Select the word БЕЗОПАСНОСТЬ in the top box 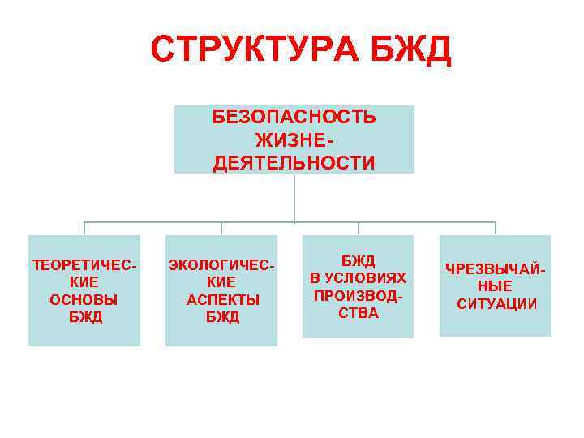click(x=294, y=117)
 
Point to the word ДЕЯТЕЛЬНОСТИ click(x=294, y=164)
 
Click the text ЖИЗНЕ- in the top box click(x=294, y=140)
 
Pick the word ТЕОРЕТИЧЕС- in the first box click(x=84, y=264)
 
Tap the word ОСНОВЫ click(x=84, y=299)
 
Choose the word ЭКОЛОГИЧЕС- click(x=221, y=264)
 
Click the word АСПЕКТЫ click(x=223, y=299)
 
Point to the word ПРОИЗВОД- click(x=358, y=295)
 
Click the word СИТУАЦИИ click(x=496, y=304)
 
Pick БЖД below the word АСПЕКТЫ click(x=223, y=317)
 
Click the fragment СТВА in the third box click(x=358, y=313)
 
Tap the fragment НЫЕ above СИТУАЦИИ click(x=495, y=286)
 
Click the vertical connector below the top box click(x=294, y=197)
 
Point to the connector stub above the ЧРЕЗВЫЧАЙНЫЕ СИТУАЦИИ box click(x=495, y=228)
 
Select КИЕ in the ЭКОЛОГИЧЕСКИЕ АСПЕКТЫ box click(x=221, y=282)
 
